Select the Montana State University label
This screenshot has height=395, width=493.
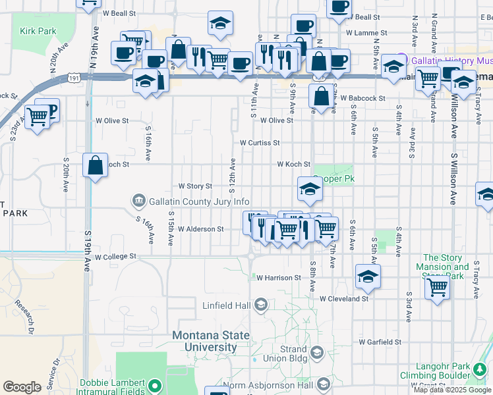click(204, 340)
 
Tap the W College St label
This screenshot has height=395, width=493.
click(115, 256)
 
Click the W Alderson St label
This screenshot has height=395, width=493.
click(201, 229)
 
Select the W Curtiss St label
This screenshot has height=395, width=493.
click(260, 142)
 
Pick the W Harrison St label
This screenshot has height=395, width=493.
click(279, 278)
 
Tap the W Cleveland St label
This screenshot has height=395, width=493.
click(344, 299)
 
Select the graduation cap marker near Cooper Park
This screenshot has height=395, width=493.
click(309, 189)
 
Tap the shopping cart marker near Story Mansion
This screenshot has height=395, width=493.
click(438, 286)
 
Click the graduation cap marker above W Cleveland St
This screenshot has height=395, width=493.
click(368, 276)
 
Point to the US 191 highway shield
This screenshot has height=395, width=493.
click(74, 78)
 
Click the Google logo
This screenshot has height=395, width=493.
click(22, 387)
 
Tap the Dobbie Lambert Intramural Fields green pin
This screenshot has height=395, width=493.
click(156, 385)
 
